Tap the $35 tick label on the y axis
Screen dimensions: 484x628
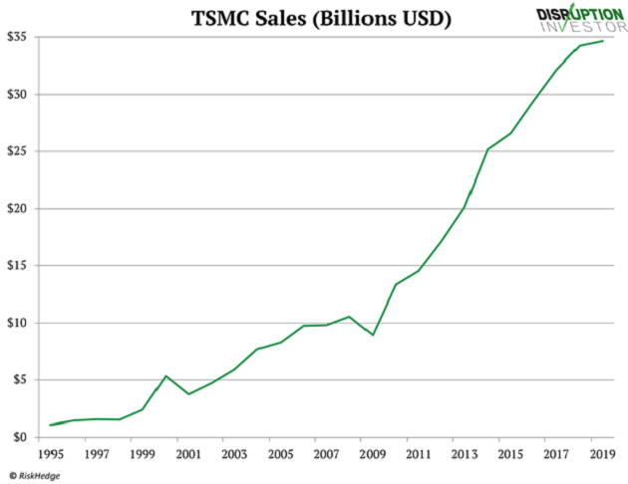(17, 37)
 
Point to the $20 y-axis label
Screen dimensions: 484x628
(17, 209)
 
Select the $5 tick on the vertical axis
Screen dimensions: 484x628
(20, 380)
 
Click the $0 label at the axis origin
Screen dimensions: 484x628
(20, 437)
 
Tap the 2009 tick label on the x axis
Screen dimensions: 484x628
(373, 454)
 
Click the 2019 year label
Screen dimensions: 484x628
(601, 454)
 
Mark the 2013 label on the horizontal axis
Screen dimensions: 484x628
(465, 454)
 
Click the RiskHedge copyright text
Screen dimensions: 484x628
(34, 475)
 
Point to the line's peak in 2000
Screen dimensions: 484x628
(165, 375)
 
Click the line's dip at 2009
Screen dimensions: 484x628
(373, 335)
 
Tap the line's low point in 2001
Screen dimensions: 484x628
(188, 394)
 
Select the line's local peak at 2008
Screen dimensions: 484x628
(350, 317)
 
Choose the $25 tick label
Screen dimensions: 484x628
(17, 151)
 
